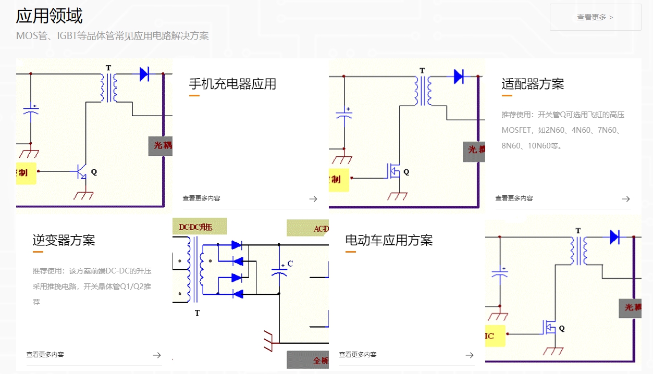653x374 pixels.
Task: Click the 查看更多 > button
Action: tap(595, 17)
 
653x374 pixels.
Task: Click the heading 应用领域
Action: tap(49, 16)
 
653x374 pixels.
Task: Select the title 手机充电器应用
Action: tap(232, 84)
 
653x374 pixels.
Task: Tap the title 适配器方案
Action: tap(533, 84)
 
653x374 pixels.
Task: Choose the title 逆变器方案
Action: tap(64, 240)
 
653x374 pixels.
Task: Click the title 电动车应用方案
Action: tap(389, 240)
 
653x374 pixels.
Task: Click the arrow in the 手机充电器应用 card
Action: tap(313, 198)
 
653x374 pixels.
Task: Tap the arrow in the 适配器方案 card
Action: tap(626, 198)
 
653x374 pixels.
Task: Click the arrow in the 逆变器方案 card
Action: tap(157, 355)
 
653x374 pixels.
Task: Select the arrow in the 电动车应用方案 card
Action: tap(470, 355)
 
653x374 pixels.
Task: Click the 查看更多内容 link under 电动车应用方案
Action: tap(358, 355)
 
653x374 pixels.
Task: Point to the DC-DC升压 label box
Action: tap(200, 227)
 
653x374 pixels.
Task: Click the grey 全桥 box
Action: tap(307, 360)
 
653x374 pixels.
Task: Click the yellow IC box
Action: tap(495, 336)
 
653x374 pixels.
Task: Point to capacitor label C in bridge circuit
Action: tap(290, 264)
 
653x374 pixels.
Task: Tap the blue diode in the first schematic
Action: tap(144, 74)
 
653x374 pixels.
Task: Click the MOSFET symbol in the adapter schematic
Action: tap(393, 171)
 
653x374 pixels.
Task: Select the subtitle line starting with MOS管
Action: tap(112, 36)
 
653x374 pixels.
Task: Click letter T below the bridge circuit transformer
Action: tap(197, 313)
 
